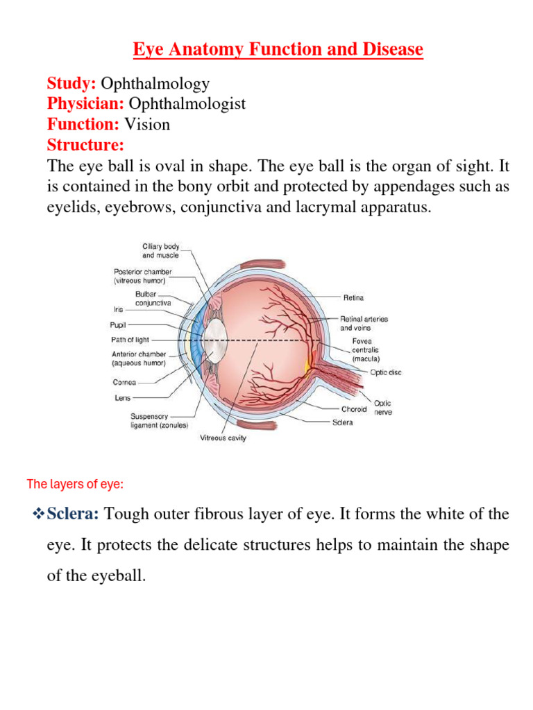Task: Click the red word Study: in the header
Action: coord(71,84)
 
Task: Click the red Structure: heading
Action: coord(85,145)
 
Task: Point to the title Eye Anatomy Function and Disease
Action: coord(278,50)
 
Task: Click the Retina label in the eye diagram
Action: coord(353,297)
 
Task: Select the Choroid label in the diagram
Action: coord(354,409)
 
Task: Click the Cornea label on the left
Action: coord(125,382)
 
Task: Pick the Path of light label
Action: coord(130,340)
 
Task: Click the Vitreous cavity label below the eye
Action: coord(223,438)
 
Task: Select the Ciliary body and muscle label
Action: coord(160,251)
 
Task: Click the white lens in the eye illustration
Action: coord(217,339)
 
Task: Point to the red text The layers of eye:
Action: coord(75,485)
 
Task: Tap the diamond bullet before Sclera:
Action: coord(39,514)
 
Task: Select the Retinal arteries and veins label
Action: coord(364,323)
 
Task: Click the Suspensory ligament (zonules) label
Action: coord(159,421)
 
